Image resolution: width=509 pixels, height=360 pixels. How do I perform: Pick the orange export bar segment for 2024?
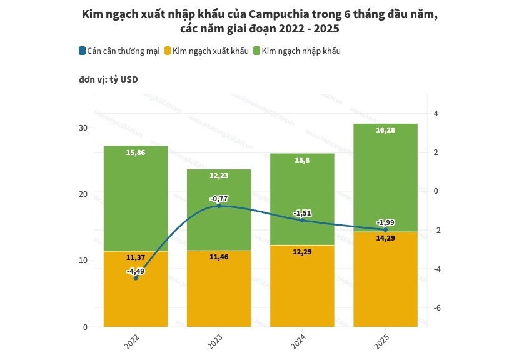(302, 287)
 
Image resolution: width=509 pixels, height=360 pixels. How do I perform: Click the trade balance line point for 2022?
(136, 278)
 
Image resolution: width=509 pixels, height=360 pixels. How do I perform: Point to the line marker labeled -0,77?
(219, 206)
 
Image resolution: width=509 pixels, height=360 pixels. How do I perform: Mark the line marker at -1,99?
(385, 229)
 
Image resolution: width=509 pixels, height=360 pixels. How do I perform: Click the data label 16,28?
(385, 131)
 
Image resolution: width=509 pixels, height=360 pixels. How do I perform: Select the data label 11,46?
(219, 257)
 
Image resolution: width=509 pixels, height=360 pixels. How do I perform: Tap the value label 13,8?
(302, 161)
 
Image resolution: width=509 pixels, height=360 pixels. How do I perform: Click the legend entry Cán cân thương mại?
(119, 51)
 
